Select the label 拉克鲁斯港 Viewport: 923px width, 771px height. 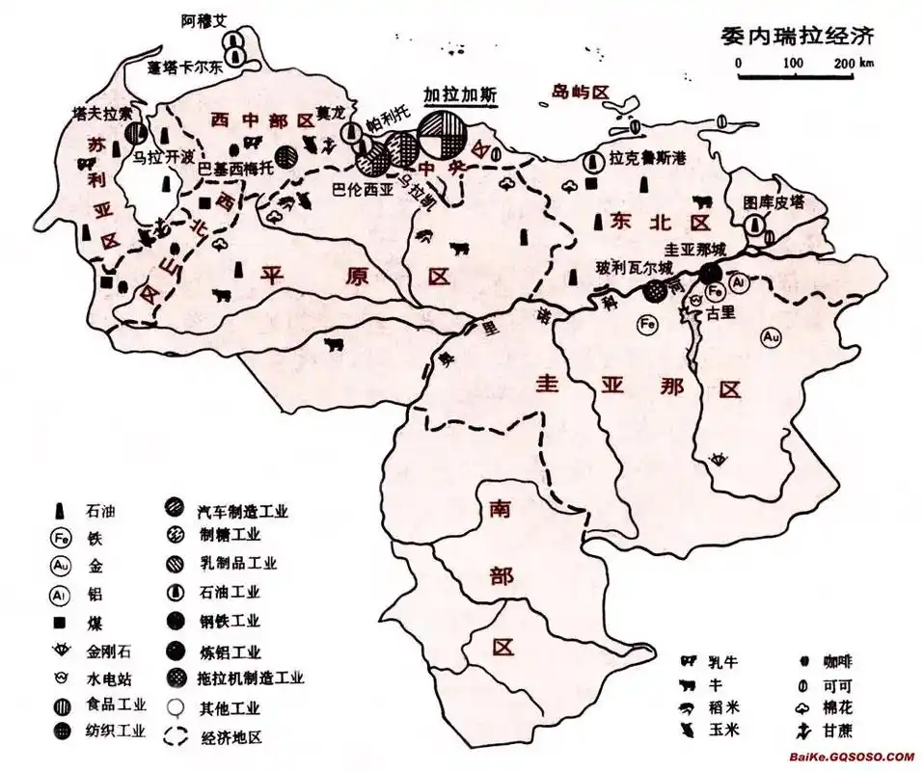pyautogui.click(x=647, y=160)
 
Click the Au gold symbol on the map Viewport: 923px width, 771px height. pyautogui.click(x=770, y=336)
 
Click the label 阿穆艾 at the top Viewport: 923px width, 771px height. pyautogui.click(x=207, y=19)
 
